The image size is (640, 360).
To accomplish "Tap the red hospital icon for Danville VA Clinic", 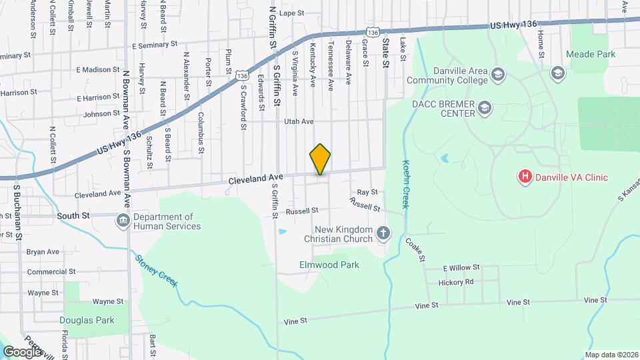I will pyautogui.click(x=525, y=177).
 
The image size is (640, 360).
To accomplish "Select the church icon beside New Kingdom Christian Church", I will pyautogui.click(x=383, y=233).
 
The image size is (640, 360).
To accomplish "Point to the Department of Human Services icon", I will pyautogui.click(x=123, y=221).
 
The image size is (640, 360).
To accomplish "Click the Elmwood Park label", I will pyautogui.click(x=329, y=265).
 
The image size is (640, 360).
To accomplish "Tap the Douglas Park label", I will pyautogui.click(x=87, y=320).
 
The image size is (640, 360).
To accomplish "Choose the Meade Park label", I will pyautogui.click(x=591, y=53).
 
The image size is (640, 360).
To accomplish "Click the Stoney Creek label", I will pyautogui.click(x=157, y=271).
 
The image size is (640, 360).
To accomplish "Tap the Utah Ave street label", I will pyautogui.click(x=299, y=121).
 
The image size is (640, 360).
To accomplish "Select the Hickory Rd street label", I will pyautogui.click(x=456, y=282).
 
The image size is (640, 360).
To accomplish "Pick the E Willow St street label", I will pyautogui.click(x=461, y=267).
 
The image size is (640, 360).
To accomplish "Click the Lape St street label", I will pyautogui.click(x=291, y=13).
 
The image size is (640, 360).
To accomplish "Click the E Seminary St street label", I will pyautogui.click(x=155, y=45).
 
